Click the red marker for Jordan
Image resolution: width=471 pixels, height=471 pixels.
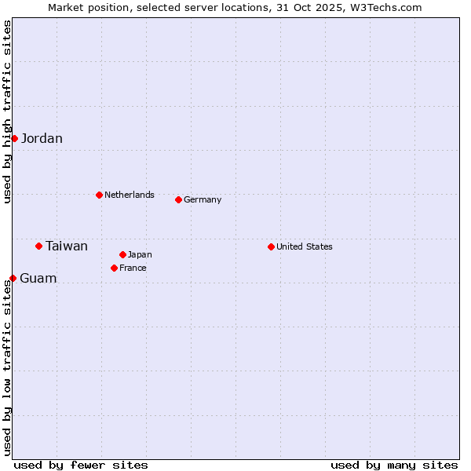coord(14,138)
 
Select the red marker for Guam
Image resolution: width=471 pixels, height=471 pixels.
coord(13,278)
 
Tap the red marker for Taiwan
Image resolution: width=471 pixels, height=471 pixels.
coord(38,246)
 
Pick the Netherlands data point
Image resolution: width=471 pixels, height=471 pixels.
coord(99,195)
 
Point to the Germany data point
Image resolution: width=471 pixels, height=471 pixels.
coord(178,199)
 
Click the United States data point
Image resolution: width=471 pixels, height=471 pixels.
coord(271,246)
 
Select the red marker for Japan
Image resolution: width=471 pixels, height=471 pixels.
coord(122,254)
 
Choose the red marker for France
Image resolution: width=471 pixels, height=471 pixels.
coord(114,268)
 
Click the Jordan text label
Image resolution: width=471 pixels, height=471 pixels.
coord(42,139)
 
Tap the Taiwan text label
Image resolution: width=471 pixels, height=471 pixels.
coord(67,246)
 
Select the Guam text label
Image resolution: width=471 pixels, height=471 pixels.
coord(38,279)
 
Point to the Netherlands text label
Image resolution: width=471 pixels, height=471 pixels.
coord(130,195)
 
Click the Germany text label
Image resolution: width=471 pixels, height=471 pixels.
coord(203,199)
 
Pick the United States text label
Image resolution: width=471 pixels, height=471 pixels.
coord(305,246)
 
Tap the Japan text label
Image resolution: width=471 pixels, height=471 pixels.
coord(140,254)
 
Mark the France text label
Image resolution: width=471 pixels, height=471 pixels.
coord(133,268)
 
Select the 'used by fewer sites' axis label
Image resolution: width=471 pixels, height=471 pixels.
coord(81,465)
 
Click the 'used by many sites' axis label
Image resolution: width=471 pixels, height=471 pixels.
coord(394,465)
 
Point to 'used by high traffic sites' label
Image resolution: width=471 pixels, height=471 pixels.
coord(7,111)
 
